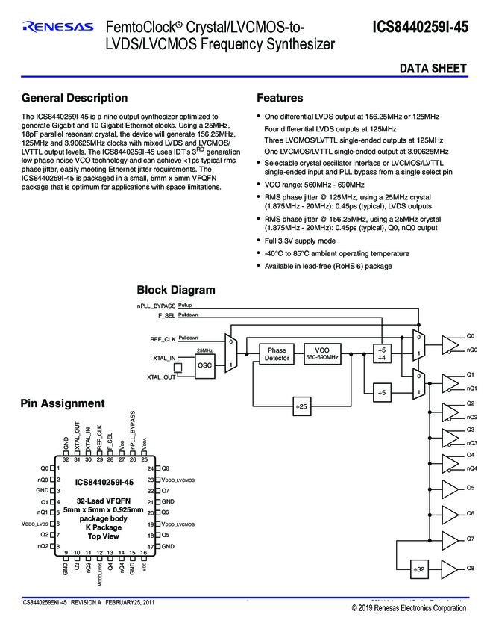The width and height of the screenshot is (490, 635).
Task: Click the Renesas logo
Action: [58, 28]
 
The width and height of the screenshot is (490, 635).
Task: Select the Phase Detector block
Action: [277, 354]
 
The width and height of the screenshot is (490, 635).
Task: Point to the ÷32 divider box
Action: [419, 570]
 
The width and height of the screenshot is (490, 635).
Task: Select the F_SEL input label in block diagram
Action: [165, 316]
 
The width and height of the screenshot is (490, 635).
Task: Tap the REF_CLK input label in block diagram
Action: [162, 339]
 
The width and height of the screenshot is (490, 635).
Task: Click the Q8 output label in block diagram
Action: [470, 569]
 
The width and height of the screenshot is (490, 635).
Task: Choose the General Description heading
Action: [75, 98]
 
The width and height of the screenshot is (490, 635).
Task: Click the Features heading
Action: [280, 98]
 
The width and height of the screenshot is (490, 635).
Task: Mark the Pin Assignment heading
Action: [63, 403]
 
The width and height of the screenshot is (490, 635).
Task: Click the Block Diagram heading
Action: [176, 290]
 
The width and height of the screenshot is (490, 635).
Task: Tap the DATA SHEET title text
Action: [433, 69]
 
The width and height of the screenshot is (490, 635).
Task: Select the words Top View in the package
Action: [104, 536]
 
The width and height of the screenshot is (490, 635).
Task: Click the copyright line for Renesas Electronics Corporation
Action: [409, 608]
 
